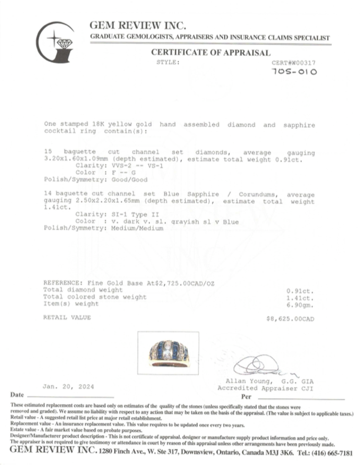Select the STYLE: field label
(x=168, y=62)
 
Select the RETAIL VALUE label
(x=67, y=318)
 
